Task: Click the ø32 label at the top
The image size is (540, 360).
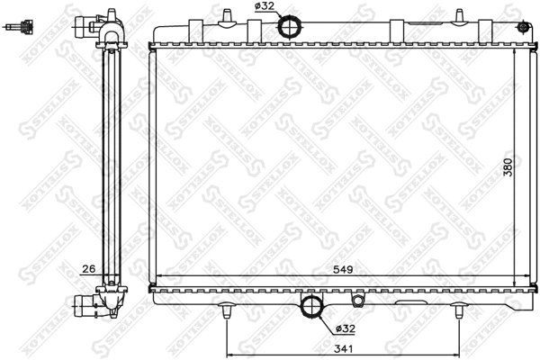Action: [265, 7]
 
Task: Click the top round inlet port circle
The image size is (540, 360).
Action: [292, 26]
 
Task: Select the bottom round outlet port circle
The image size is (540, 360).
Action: [312, 306]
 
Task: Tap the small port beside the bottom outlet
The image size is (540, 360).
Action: [358, 301]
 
